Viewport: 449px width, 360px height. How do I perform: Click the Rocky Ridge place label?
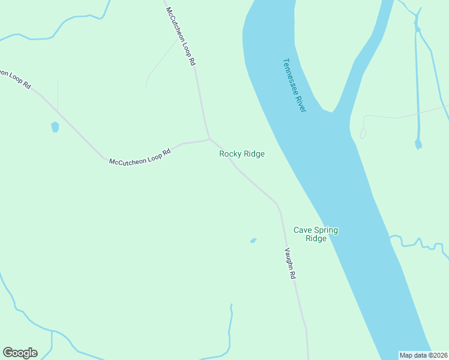pyautogui.click(x=242, y=154)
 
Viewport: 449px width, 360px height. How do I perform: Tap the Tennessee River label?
pyautogui.click(x=294, y=85)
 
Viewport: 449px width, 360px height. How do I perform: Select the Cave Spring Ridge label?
pyautogui.click(x=315, y=234)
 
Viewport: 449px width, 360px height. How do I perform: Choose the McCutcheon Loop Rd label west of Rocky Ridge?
pyautogui.click(x=140, y=157)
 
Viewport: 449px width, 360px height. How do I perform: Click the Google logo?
pyautogui.click(x=20, y=353)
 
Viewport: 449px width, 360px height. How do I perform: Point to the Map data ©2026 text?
pyautogui.click(x=424, y=355)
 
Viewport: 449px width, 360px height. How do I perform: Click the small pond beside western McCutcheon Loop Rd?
pyautogui.click(x=55, y=127)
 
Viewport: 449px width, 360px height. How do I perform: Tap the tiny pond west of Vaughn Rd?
pyautogui.click(x=253, y=241)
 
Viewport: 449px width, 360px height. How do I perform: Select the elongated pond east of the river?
pyautogui.click(x=418, y=143)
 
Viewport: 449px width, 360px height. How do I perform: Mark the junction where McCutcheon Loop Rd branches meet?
pyautogui.click(x=208, y=139)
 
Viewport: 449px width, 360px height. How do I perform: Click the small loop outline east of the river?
pyautogui.click(x=363, y=133)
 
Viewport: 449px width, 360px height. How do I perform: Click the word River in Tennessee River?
pyautogui.click(x=300, y=100)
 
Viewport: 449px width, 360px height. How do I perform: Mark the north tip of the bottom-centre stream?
pyautogui.click(x=231, y=305)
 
